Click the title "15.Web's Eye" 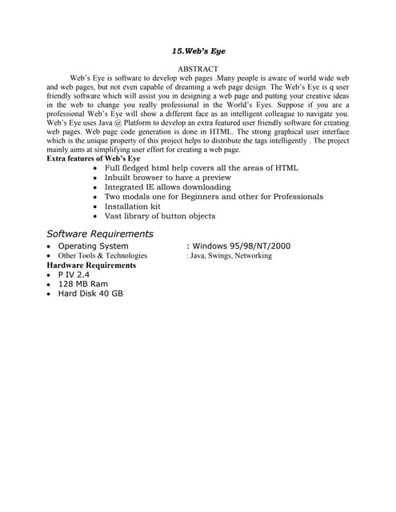[198, 50]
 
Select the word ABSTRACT [198, 70]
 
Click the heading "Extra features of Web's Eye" [94, 158]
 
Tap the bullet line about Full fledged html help [201, 168]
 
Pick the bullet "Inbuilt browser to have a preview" [167, 178]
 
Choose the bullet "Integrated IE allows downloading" [167, 187]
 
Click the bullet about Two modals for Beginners [214, 197]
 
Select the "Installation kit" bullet [132, 206]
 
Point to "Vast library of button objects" [159, 216]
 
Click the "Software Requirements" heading [100, 234]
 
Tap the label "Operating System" [93, 246]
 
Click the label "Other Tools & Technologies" [102, 255]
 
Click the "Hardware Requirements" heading [91, 265]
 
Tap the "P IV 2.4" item [74, 274]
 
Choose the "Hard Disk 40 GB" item [90, 294]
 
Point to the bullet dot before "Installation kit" [95, 206]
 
